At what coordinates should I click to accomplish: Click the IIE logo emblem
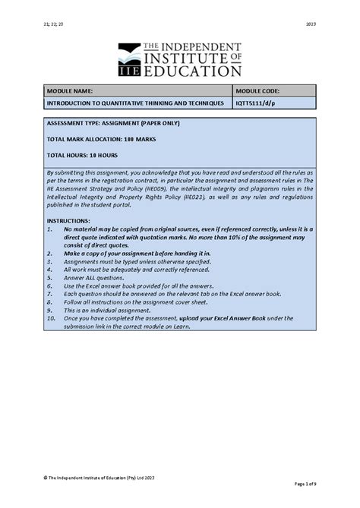(131, 60)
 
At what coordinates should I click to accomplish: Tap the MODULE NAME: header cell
(71, 90)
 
